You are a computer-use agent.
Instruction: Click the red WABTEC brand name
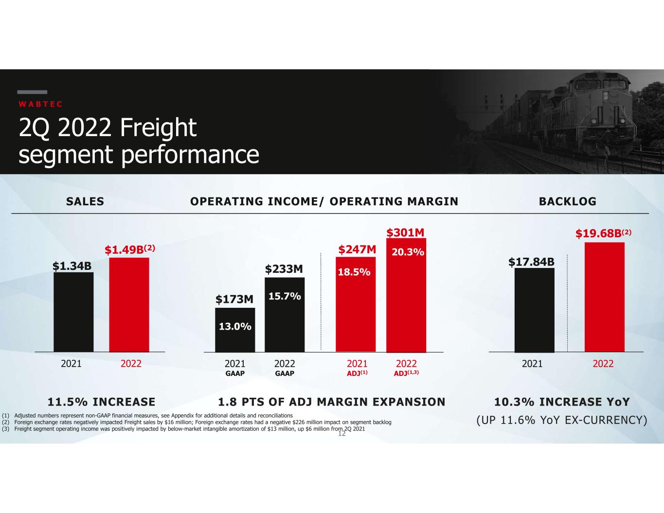click(40, 104)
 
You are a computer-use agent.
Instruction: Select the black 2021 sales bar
click(73, 312)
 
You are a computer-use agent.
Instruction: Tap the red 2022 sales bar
click(129, 305)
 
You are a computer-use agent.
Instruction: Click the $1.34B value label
click(72, 266)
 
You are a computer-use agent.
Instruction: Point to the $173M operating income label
click(234, 299)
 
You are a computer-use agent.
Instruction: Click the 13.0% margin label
click(235, 327)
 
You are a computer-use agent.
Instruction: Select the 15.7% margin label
click(285, 296)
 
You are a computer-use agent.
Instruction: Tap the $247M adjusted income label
click(357, 250)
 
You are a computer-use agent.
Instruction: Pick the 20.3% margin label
click(408, 252)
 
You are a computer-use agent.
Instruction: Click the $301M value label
click(406, 233)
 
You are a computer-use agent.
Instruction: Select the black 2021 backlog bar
click(535, 310)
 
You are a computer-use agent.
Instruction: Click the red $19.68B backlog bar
click(605, 297)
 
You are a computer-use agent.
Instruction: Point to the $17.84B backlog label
click(531, 262)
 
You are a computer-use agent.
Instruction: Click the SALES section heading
click(85, 201)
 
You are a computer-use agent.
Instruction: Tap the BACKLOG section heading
click(568, 201)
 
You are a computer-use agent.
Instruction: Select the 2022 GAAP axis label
click(285, 368)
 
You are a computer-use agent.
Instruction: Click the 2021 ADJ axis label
click(357, 368)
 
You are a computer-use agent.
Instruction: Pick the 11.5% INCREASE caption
click(102, 402)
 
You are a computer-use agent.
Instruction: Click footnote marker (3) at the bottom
click(6, 429)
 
